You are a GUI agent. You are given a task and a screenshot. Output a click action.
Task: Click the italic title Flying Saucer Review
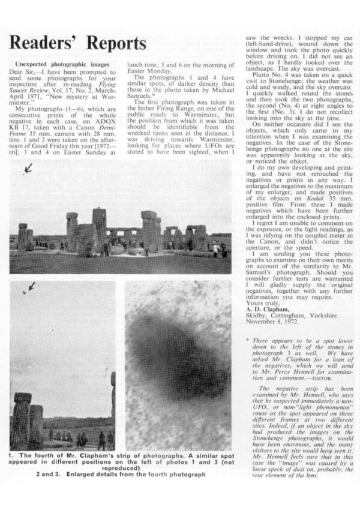pos(91,91)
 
